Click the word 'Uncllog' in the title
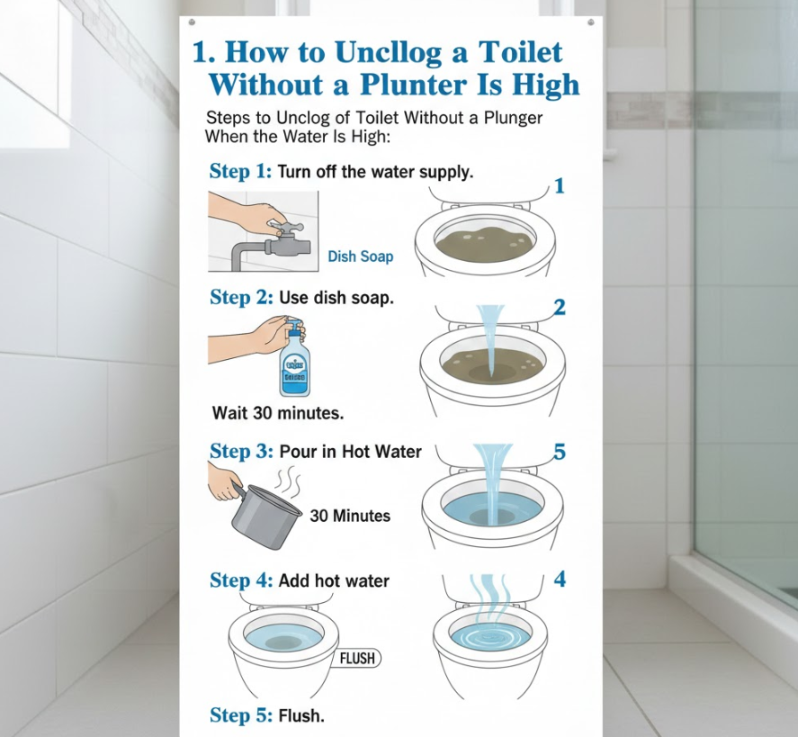click(x=389, y=53)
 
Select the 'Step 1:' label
click(x=241, y=172)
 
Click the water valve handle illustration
click(x=285, y=226)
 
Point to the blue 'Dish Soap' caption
click(x=361, y=256)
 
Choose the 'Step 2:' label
click(x=241, y=297)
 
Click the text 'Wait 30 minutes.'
click(x=278, y=412)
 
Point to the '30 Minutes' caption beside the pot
click(x=350, y=517)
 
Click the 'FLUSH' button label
click(x=357, y=659)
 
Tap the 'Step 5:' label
click(x=241, y=715)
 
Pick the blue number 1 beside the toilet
click(x=560, y=186)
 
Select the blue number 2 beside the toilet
click(x=560, y=308)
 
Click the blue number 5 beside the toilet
click(x=560, y=452)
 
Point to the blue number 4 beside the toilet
click(x=560, y=579)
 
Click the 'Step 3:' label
click(x=242, y=451)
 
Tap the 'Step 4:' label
click(x=242, y=580)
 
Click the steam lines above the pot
click(x=289, y=482)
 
